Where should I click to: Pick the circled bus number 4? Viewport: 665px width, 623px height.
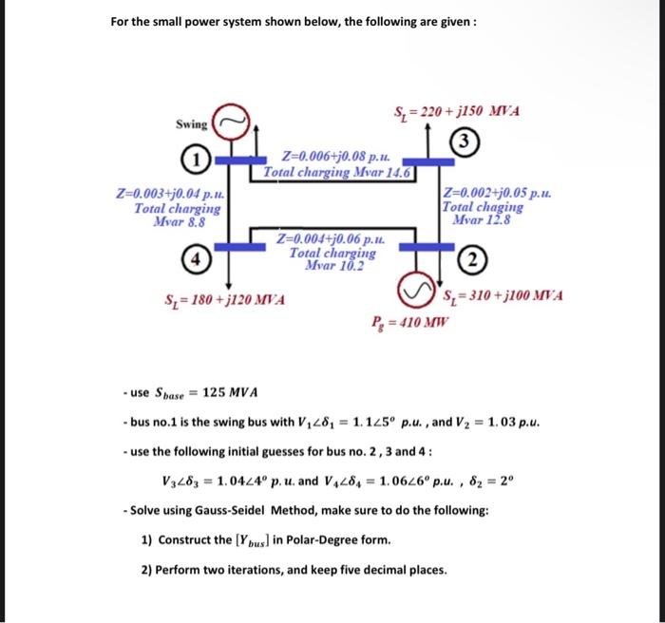tap(194, 257)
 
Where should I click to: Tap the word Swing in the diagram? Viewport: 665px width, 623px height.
tap(191, 124)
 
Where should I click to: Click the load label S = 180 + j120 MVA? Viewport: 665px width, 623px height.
tap(226, 301)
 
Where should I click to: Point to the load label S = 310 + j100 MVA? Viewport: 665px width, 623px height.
tap(503, 295)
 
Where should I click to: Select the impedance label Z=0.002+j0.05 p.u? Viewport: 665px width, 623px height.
tap(497, 194)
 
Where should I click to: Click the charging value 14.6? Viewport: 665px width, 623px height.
tap(393, 174)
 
